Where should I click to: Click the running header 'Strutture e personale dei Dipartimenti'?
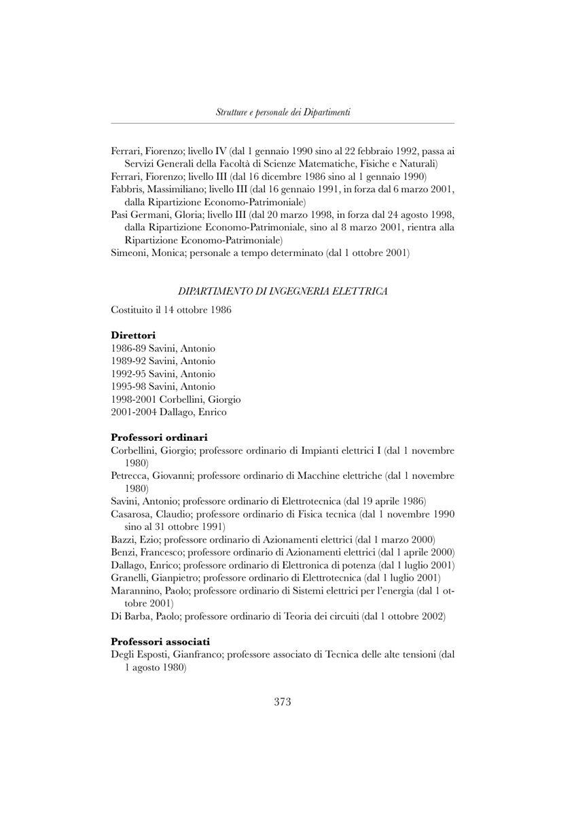pyautogui.click(x=283, y=111)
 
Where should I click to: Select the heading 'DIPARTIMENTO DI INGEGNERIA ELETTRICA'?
pyautogui.click(x=283, y=291)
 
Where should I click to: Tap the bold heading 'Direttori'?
pyautogui.click(x=133, y=335)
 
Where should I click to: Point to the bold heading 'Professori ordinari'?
pyautogui.click(x=159, y=437)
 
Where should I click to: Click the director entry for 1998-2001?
pyautogui.click(x=175, y=399)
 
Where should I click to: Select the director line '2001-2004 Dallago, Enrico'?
pyautogui.click(x=168, y=412)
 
